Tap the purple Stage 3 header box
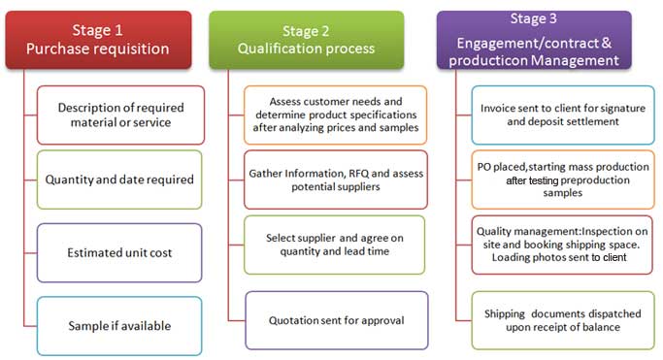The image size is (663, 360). pyautogui.click(x=534, y=40)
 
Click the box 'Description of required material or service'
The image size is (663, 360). pyautogui.click(x=120, y=115)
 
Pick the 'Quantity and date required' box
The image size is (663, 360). pyautogui.click(x=120, y=179)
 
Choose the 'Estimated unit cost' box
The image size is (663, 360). pyautogui.click(x=120, y=252)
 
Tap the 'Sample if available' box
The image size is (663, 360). pyautogui.click(x=120, y=325)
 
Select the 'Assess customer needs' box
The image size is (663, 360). pyautogui.click(x=335, y=115)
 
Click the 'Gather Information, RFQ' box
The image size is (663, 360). pyautogui.click(x=335, y=179)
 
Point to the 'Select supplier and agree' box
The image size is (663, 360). pyautogui.click(x=335, y=245)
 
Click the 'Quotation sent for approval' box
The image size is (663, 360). pyautogui.click(x=335, y=320)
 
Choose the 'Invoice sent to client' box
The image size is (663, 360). pyautogui.click(x=563, y=115)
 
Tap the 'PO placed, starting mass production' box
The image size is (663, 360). pyautogui.click(x=563, y=180)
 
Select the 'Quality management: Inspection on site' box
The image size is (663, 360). pyautogui.click(x=563, y=245)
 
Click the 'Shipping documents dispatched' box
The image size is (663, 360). pyautogui.click(x=563, y=320)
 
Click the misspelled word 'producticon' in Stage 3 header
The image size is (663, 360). pyautogui.click(x=486, y=60)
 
